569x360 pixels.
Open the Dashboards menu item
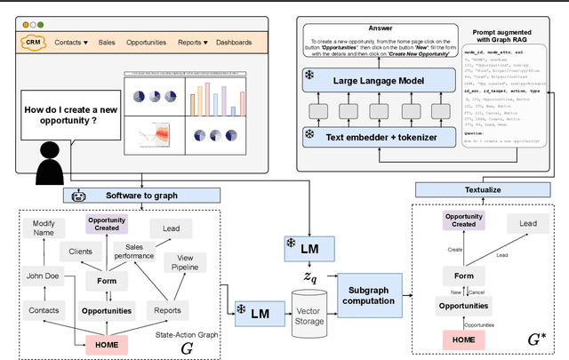pyautogui.click(x=234, y=42)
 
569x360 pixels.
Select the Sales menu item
pyautogui.click(x=106, y=42)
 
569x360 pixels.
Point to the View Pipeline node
pyautogui.click(x=185, y=262)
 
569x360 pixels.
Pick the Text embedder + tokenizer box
pyautogui.click(x=381, y=136)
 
